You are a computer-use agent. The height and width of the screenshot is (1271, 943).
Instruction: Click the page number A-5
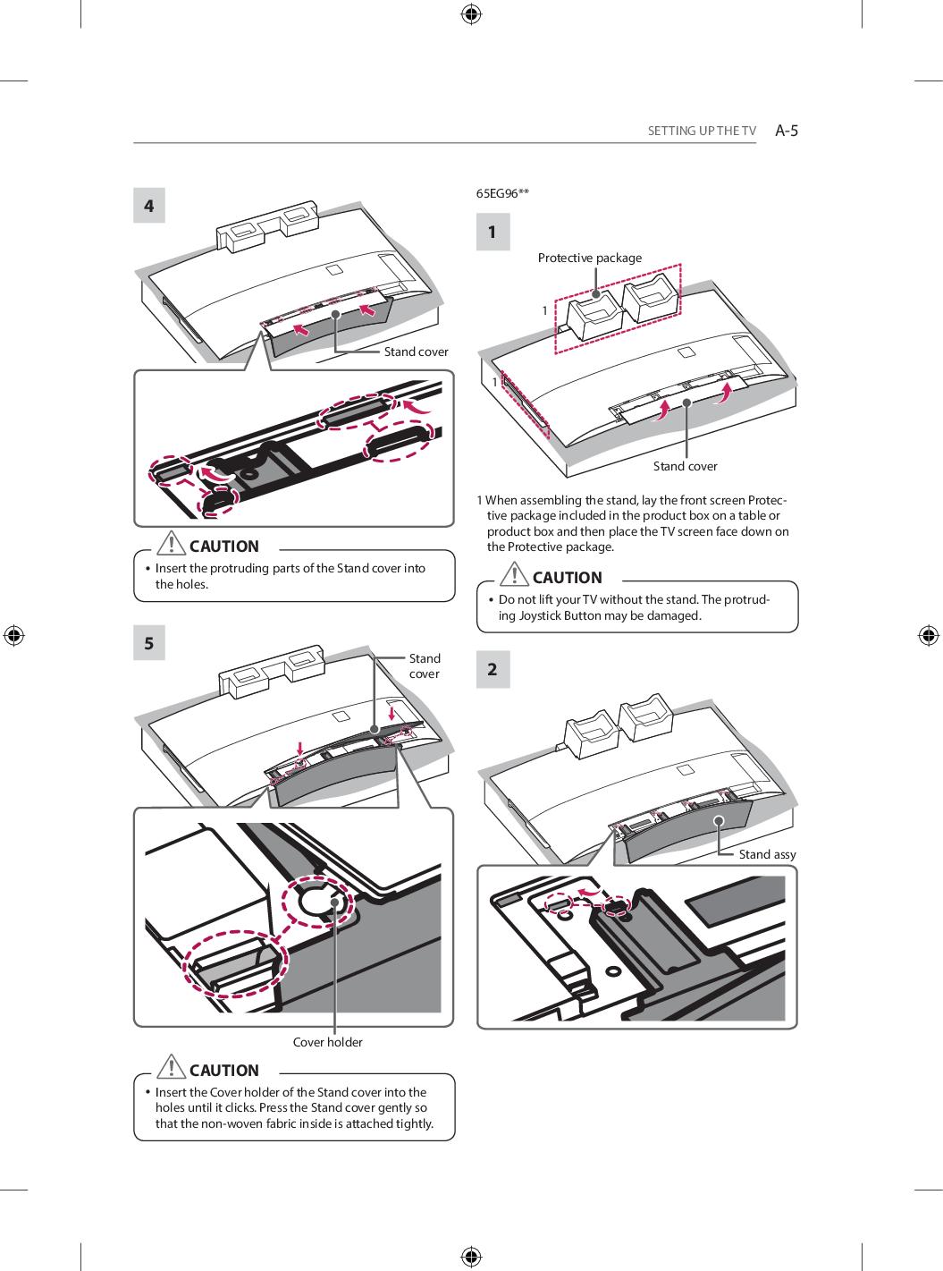[787, 131]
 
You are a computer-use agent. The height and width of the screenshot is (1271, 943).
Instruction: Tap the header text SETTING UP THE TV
[702, 131]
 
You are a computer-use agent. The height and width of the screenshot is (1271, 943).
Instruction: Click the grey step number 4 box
[149, 206]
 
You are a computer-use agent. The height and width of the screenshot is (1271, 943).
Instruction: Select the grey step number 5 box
[149, 643]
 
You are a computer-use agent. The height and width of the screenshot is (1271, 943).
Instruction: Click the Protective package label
[589, 258]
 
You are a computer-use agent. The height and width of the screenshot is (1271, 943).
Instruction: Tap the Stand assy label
[767, 854]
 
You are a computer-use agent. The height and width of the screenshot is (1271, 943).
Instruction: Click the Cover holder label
[327, 1042]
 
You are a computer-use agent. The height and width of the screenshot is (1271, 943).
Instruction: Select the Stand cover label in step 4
[416, 352]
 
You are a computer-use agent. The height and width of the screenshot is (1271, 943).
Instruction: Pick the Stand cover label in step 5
[424, 665]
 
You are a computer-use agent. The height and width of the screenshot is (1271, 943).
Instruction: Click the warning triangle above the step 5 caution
[170, 1068]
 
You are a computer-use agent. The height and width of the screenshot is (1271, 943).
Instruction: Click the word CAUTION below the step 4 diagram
[224, 547]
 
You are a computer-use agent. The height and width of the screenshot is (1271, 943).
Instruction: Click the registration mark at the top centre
[471, 13]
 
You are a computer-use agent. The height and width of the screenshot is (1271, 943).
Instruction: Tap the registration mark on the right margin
[928, 635]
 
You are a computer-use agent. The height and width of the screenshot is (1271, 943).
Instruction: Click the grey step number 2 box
[492, 669]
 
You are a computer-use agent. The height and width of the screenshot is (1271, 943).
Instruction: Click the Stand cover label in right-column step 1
[685, 466]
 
